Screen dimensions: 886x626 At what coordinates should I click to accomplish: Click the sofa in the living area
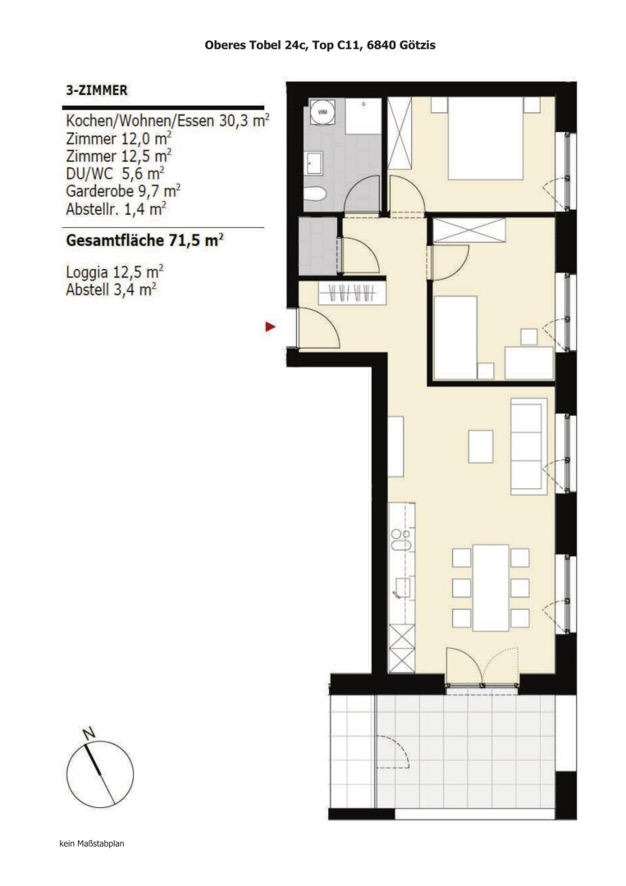[x=528, y=443]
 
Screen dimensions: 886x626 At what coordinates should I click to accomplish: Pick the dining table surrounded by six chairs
[x=491, y=587]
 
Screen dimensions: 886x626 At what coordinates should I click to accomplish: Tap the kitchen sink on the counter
[x=401, y=538]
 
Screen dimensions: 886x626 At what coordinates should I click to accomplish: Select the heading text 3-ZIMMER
[x=96, y=91]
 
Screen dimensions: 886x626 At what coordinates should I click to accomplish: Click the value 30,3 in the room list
[x=234, y=121]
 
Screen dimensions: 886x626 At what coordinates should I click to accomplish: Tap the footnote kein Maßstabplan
[x=91, y=843]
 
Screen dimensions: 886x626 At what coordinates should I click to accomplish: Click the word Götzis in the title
[x=415, y=46]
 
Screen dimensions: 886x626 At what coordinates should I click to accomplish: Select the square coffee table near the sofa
[x=481, y=446]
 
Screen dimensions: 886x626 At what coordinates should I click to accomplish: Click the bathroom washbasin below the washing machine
[x=315, y=163]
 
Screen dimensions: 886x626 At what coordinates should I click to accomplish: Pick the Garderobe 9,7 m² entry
[x=122, y=190]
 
